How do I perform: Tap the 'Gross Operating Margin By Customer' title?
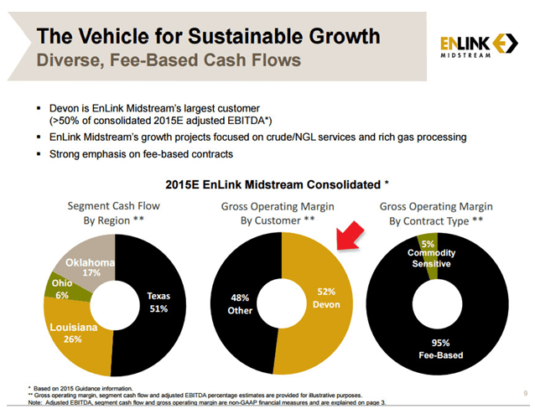pos(267,212)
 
